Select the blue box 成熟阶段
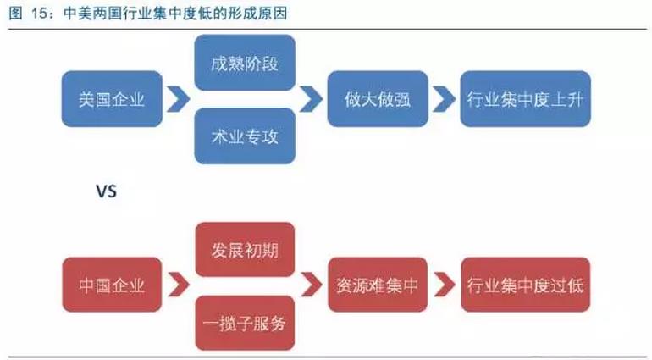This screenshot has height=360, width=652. pos(245,62)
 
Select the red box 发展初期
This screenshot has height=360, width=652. pos(245,250)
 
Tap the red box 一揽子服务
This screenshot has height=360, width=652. pos(245,323)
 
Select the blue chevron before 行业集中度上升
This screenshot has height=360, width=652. pos(442,98)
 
